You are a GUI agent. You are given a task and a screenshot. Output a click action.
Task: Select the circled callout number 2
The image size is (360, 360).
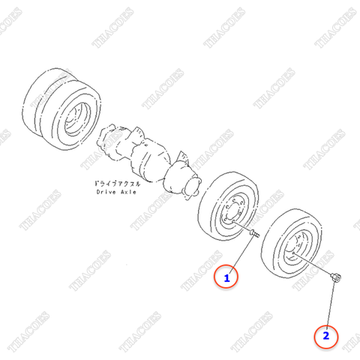[326, 335]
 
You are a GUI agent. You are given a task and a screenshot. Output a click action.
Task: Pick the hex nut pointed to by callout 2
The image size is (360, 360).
[335, 280]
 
